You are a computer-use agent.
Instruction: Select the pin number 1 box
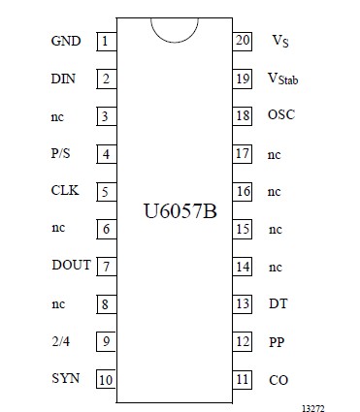coord(104,42)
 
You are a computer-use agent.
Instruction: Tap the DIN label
coord(64,79)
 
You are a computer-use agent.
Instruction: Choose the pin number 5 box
coord(104,191)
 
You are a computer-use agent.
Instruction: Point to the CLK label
coord(64,191)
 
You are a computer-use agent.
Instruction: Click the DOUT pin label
coord(70,265)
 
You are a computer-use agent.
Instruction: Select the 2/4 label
coord(60,339)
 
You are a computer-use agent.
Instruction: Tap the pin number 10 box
coord(104,377)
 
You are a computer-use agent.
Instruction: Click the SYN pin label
coord(65,377)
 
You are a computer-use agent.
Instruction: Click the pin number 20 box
coord(243,41)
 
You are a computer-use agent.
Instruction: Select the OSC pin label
coord(280,115)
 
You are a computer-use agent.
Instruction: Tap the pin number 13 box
coord(243,303)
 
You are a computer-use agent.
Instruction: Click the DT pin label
coord(278,303)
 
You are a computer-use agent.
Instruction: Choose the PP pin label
coord(277,341)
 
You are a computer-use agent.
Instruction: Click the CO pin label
coord(278,379)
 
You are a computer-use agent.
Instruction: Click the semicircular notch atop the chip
coord(174,28)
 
